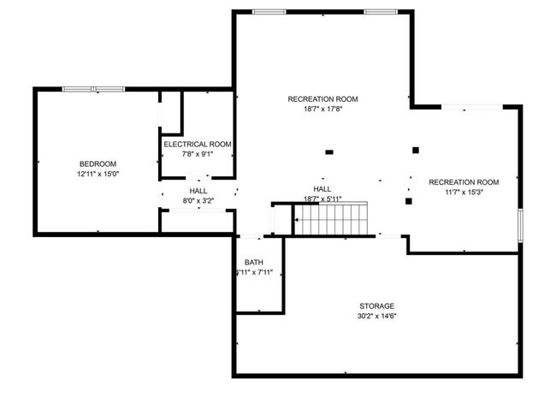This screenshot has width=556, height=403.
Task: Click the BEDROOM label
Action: click(98, 163)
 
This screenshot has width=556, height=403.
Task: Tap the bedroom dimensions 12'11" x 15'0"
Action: click(98, 174)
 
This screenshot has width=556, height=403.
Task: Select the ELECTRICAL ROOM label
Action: click(198, 145)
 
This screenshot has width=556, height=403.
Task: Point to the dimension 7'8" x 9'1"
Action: click(198, 155)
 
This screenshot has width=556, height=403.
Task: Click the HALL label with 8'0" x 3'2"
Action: click(198, 191)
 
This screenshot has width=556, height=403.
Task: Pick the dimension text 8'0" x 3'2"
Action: click(198, 201)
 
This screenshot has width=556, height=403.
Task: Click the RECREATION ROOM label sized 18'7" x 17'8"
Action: click(322, 99)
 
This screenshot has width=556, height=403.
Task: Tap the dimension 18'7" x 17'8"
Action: click(322, 110)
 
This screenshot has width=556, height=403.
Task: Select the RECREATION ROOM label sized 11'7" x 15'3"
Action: click(463, 182)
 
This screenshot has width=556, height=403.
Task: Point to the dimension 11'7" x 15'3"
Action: click(463, 193)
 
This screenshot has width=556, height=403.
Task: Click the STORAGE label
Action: click(376, 305)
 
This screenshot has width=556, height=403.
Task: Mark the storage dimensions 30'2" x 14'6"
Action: click(376, 316)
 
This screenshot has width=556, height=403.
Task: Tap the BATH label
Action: click(254, 263)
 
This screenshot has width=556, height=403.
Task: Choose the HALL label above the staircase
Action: click(322, 189)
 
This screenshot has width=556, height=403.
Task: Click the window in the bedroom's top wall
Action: click(94, 88)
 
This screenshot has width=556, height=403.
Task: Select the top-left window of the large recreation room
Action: click(269, 12)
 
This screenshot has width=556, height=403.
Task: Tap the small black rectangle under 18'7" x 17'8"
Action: click(328, 152)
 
